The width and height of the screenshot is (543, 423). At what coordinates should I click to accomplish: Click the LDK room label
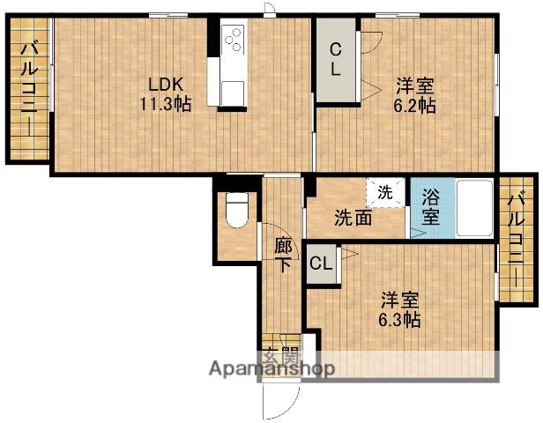pyautogui.click(x=165, y=85)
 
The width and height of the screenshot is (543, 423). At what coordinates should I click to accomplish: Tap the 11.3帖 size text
pyautogui.click(x=165, y=103)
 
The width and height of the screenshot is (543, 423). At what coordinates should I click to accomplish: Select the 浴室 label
pyautogui.click(x=430, y=208)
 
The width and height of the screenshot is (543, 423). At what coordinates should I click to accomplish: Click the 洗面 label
pyautogui.click(x=352, y=218)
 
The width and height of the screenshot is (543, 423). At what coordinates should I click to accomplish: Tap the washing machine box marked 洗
pyautogui.click(x=385, y=191)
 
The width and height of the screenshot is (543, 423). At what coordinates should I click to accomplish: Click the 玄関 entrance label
pyautogui.click(x=280, y=356)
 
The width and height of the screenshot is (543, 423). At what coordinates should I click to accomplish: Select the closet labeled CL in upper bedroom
pyautogui.click(x=337, y=59)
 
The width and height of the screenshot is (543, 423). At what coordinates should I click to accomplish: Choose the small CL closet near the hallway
pyautogui.click(x=322, y=263)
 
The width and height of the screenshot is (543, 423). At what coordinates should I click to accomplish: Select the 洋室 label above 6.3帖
pyautogui.click(x=399, y=300)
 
